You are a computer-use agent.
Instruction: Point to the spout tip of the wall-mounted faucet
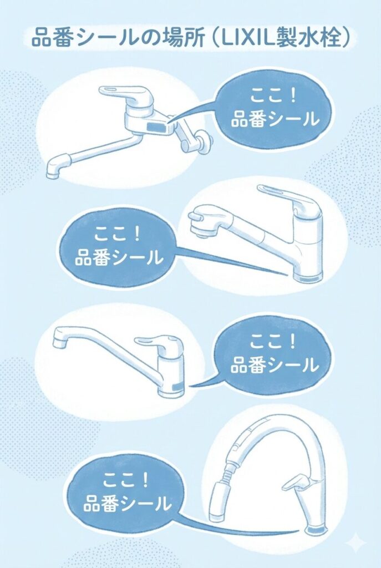54,171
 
